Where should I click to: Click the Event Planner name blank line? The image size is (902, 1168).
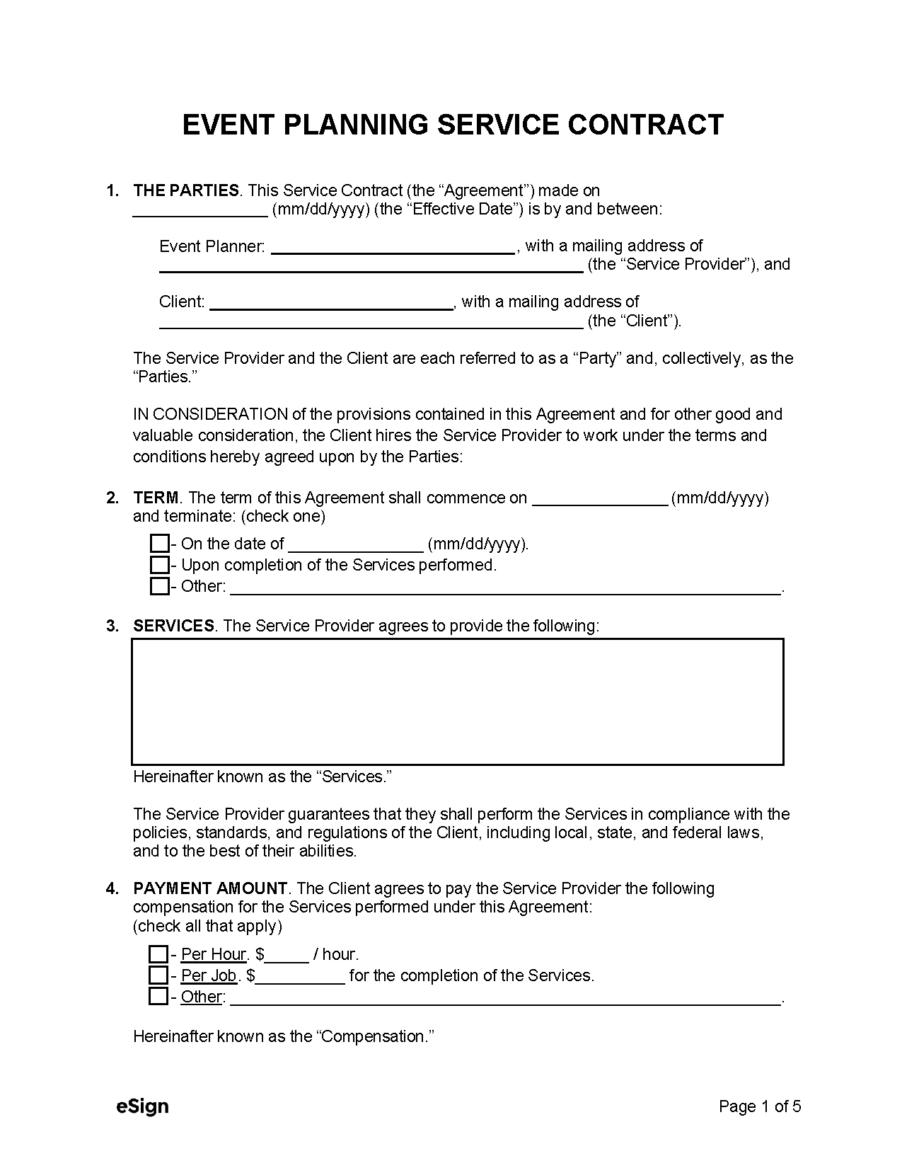coord(393,247)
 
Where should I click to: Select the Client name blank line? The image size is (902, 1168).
coord(332,303)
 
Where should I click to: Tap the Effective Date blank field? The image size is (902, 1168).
coord(200,210)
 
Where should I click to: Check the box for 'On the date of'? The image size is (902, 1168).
coord(159,544)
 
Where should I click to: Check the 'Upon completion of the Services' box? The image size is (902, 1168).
coord(159,565)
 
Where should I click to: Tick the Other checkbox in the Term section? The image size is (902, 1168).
coord(159,586)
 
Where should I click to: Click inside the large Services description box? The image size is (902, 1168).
coord(457,702)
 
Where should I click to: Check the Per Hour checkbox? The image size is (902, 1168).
coord(158,954)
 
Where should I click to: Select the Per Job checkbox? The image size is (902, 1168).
coord(158,975)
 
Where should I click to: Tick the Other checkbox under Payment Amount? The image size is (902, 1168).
coord(158,997)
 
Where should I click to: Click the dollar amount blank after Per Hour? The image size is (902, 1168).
coord(287,956)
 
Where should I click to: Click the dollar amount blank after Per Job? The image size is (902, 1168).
coord(301,977)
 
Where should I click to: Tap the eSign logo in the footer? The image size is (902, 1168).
coord(142,1106)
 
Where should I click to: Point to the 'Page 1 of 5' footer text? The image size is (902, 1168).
coord(759,1106)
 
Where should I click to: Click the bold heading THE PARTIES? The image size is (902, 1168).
coord(186,190)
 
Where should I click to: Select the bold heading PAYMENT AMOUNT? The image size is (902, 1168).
coord(210,888)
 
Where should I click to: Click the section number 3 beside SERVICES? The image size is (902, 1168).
coord(112,626)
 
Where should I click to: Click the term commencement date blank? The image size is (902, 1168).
coord(599,499)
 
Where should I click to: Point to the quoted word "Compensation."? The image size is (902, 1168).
coord(374,1037)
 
